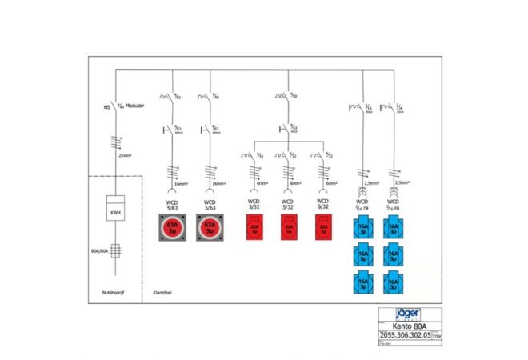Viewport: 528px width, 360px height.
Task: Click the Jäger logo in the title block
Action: (408, 314)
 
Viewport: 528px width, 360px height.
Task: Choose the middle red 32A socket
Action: (289, 230)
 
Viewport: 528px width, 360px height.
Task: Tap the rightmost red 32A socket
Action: (323, 230)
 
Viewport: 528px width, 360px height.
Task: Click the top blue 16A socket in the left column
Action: (364, 230)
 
